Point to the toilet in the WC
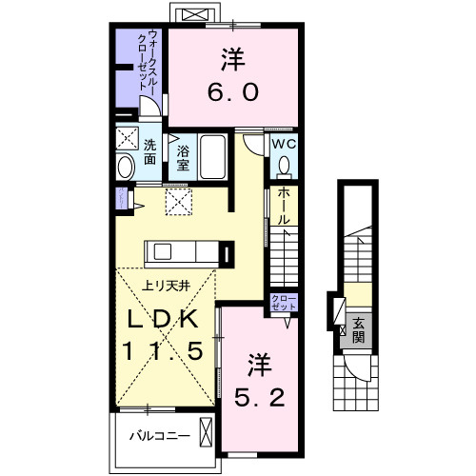click(283, 165)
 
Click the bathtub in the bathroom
click(212, 157)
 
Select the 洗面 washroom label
click(151, 153)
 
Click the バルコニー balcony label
click(158, 437)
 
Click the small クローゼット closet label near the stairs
click(283, 302)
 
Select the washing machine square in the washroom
click(128, 139)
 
